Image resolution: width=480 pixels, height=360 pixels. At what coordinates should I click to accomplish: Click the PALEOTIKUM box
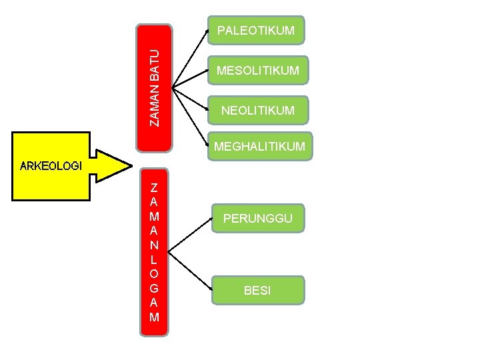(x=256, y=31)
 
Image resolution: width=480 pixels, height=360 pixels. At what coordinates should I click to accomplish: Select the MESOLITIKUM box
(x=257, y=70)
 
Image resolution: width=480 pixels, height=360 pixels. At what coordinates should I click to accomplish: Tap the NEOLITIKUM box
(x=257, y=110)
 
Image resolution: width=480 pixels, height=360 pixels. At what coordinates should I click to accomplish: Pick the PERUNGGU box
(x=257, y=219)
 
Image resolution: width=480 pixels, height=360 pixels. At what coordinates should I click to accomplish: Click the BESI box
(x=257, y=291)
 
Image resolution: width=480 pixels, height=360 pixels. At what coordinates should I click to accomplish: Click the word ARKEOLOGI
(x=51, y=166)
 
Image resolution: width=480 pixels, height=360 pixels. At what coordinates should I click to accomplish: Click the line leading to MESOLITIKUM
(x=189, y=78)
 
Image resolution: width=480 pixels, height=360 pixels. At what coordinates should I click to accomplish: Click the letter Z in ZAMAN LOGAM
(x=154, y=187)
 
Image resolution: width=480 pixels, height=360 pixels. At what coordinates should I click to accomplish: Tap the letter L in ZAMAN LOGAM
(x=154, y=259)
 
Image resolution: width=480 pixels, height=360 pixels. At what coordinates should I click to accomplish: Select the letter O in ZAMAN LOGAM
(x=154, y=273)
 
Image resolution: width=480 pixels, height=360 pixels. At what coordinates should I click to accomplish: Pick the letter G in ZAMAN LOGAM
(x=154, y=288)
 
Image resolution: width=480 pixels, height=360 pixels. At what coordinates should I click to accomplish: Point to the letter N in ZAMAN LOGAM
(x=154, y=245)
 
